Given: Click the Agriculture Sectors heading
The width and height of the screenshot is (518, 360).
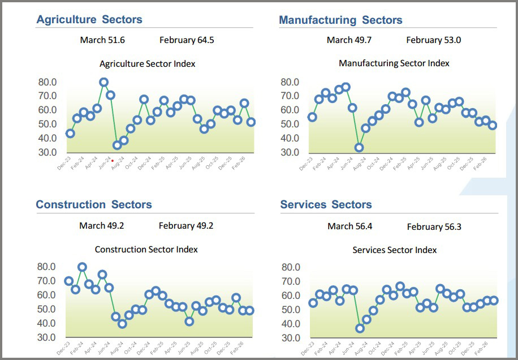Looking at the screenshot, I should [x=89, y=20].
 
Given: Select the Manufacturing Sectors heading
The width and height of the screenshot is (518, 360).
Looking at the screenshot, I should [x=340, y=20].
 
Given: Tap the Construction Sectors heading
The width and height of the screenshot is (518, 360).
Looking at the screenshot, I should [x=94, y=205].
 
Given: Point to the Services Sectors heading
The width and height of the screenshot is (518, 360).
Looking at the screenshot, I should [x=326, y=205].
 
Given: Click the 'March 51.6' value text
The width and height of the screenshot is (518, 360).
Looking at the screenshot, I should [x=102, y=40].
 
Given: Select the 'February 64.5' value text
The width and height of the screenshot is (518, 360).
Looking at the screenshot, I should [x=187, y=40].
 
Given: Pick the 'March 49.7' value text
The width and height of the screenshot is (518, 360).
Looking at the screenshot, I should [x=349, y=40].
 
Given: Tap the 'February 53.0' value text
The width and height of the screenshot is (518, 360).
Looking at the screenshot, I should [x=433, y=40].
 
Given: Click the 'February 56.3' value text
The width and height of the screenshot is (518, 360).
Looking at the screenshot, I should [x=434, y=227].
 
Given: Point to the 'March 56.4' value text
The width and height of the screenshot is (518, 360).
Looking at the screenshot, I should [x=349, y=226].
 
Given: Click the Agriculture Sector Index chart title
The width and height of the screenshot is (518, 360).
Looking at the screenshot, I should [x=147, y=64].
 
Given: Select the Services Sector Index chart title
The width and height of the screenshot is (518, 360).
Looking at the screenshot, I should [x=395, y=250].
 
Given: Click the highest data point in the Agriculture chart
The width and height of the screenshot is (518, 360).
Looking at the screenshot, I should [x=104, y=83].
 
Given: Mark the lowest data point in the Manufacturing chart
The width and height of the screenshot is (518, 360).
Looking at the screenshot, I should [x=359, y=148].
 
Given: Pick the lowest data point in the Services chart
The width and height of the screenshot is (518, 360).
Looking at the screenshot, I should [x=360, y=328].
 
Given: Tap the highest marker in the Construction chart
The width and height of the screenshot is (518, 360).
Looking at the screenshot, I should [x=82, y=267].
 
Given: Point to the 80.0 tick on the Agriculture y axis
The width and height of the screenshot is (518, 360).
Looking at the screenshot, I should [x=48, y=82].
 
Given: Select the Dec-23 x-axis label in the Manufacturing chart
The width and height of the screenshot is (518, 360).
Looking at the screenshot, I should [x=306, y=165].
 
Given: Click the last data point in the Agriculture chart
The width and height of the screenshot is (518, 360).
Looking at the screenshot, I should [x=251, y=122].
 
